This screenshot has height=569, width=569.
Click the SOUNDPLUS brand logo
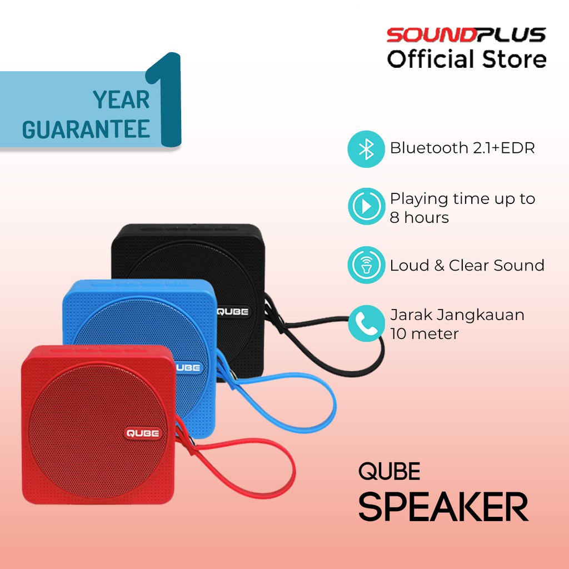click(x=466, y=36)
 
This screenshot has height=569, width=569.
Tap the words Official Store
click(x=466, y=59)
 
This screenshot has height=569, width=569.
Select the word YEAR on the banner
click(x=121, y=100)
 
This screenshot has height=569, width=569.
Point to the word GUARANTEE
click(x=86, y=128)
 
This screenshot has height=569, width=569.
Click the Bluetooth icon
click(x=366, y=148)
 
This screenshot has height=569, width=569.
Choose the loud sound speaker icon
click(x=366, y=266)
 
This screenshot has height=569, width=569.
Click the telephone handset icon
click(x=366, y=323)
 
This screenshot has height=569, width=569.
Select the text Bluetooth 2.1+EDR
click(x=462, y=148)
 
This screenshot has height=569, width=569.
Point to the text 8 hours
click(x=419, y=218)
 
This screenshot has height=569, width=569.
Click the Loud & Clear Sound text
click(x=467, y=266)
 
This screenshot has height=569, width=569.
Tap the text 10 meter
click(x=424, y=334)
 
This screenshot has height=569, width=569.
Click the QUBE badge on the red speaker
click(x=143, y=433)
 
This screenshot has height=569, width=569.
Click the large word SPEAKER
click(x=443, y=507)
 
